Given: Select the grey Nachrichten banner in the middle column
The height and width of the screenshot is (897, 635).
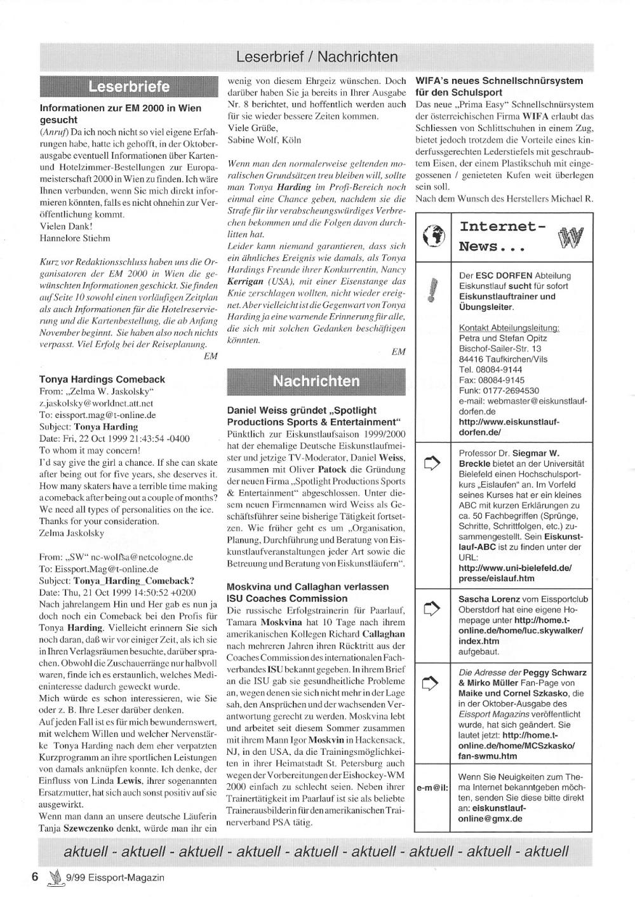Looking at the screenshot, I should pyautogui.click(x=316, y=381).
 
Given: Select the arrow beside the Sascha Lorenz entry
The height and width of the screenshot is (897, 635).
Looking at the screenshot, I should pyautogui.click(x=432, y=609).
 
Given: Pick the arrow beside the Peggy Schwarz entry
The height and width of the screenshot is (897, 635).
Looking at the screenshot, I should pyautogui.click(x=432, y=683).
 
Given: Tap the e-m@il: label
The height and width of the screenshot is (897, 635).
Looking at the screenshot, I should pyautogui.click(x=432, y=788).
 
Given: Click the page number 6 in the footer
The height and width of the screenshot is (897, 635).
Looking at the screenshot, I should pyautogui.click(x=36, y=877).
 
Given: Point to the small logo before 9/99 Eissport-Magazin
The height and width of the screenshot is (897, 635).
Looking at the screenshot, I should pyautogui.click(x=55, y=877).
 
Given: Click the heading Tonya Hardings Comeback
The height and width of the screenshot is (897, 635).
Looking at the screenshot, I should pyautogui.click(x=102, y=379).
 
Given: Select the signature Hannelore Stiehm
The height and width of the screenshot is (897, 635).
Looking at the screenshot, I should pyautogui.click(x=75, y=238).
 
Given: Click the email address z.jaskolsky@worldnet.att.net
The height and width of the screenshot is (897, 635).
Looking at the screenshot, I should pyautogui.click(x=97, y=403).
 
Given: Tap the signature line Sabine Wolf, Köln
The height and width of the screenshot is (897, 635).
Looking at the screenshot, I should pyautogui.click(x=264, y=140).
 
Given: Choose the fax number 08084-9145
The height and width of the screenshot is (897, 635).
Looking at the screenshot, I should pyautogui.click(x=499, y=380).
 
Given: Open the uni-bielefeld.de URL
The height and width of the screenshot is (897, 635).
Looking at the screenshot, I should pyautogui.click(x=514, y=573).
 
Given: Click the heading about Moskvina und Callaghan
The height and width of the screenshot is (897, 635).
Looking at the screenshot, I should pyautogui.click(x=308, y=592).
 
